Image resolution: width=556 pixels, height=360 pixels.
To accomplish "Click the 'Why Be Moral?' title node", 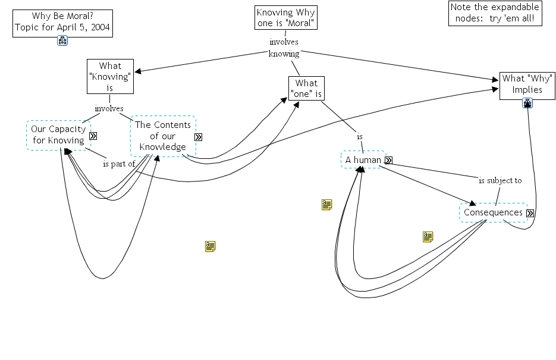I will point(62,22).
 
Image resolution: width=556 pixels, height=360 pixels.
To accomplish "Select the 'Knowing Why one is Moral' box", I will point(285,18).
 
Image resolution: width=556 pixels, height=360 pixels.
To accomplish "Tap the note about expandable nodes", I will point(495,13).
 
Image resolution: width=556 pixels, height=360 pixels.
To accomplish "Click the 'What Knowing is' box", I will point(110,76).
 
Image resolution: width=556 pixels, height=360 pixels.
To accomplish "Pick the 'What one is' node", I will point(306,88).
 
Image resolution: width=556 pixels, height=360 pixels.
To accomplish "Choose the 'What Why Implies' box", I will point(522,84).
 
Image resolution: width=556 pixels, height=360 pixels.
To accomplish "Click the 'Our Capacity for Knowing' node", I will point(58,135).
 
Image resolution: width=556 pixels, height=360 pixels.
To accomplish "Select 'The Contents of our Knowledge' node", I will point(162,136).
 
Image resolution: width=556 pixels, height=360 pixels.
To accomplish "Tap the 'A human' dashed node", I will point(363,159).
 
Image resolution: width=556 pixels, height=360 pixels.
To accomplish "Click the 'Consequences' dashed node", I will point(493,212).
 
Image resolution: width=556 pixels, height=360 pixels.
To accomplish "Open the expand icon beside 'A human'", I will point(388,160).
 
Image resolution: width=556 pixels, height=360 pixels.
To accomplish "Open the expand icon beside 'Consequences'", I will point(530,213).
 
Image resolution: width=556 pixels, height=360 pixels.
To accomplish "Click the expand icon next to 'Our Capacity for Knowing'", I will point(93,136).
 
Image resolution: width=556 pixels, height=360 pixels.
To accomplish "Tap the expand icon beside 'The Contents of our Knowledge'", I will point(198,137).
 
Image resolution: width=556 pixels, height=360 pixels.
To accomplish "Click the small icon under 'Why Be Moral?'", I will point(62,40).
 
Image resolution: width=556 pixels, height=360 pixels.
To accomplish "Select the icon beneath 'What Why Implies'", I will point(527,103).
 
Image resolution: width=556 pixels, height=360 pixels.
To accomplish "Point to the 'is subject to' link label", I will point(500,180).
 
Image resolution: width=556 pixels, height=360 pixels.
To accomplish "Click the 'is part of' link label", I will point(119,164).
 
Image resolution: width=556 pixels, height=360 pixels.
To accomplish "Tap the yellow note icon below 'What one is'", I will point(326,205).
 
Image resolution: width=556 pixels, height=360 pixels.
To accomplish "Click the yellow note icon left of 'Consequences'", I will point(428,237).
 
